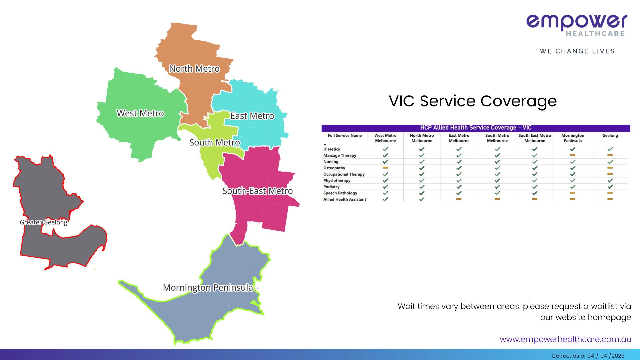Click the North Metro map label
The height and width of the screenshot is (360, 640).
194,69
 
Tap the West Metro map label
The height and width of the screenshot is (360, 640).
140,113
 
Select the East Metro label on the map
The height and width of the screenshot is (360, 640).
252,116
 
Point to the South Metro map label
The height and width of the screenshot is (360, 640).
215,143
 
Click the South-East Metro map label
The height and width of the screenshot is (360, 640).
258,191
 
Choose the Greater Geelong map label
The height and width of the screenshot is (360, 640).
44,222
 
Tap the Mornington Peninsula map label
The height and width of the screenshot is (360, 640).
208,288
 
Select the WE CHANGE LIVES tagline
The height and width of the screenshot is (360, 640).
577,51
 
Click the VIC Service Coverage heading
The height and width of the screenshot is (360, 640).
473,101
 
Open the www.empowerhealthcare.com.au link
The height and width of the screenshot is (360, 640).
565,339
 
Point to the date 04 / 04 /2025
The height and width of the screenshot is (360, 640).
606,356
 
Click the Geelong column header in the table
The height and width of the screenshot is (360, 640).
610,136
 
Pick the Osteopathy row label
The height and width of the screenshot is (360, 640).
334,168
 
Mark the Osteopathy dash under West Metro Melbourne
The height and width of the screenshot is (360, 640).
385,168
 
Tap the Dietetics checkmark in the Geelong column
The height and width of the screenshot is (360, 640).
610,149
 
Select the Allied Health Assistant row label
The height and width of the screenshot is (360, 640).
345,199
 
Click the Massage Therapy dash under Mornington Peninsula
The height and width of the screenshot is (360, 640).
573,155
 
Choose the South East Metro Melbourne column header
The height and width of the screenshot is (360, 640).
535,138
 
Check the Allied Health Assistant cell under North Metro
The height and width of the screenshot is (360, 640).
422,199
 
